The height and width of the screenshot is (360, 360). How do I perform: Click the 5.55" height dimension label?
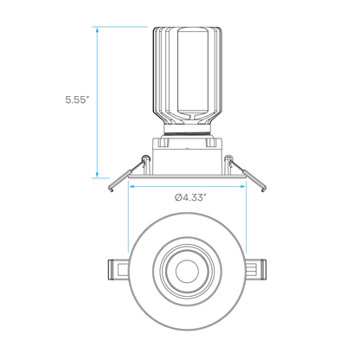pyautogui.click(x=76, y=100)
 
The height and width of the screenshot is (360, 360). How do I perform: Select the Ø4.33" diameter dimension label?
pyautogui.click(x=190, y=197)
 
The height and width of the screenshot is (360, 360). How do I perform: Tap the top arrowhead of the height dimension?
pyautogui.click(x=97, y=30)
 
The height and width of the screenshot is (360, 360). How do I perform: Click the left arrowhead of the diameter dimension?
pyautogui.click(x=132, y=187)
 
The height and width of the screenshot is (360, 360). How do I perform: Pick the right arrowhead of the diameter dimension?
pyautogui.click(x=242, y=187)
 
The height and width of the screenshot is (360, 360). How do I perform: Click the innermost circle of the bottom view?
pyautogui.click(x=187, y=272)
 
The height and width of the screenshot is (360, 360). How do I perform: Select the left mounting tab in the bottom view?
pyautogui.click(x=119, y=270)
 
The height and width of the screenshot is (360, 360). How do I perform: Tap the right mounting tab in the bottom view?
pyautogui.click(x=255, y=270)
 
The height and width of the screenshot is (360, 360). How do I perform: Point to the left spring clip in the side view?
pyautogui.click(x=127, y=176)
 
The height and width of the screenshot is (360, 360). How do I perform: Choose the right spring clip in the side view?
pyautogui.click(x=247, y=175)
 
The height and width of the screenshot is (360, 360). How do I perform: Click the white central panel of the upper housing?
pyautogui.click(x=193, y=70)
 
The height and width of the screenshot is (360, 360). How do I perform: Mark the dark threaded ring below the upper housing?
pyautogui.click(x=187, y=133)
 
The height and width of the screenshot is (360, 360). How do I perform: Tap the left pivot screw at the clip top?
pyautogui.click(x=145, y=158)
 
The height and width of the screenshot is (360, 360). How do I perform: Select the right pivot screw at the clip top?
pyautogui.click(x=228, y=157)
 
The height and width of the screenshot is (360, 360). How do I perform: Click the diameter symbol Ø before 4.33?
pyautogui.click(x=178, y=197)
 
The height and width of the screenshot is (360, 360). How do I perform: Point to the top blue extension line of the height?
pyautogui.click(x=119, y=27)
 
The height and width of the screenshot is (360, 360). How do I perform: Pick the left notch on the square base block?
pyautogui.click(x=164, y=142)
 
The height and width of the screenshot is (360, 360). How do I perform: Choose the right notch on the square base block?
pyautogui.click(x=210, y=142)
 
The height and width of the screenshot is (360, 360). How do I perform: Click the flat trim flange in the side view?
pyautogui.click(x=187, y=177)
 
